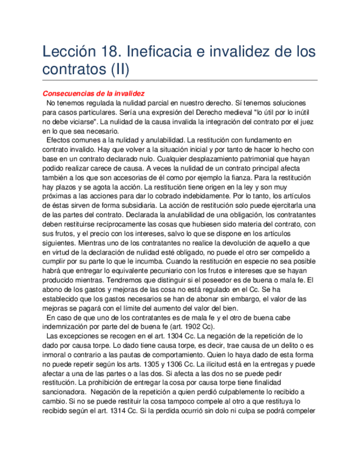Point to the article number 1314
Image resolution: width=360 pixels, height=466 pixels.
(x=114, y=410)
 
